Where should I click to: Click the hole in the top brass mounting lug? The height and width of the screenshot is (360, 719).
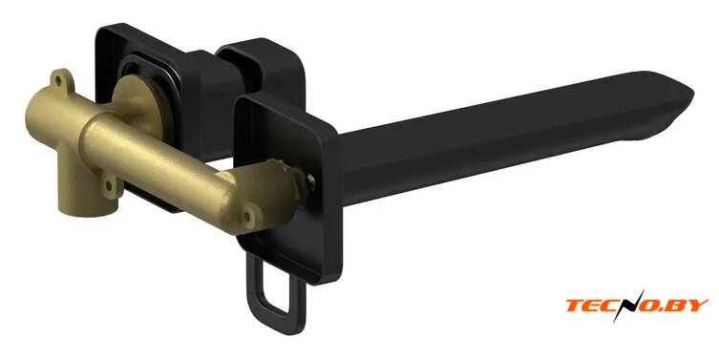tap(58, 82)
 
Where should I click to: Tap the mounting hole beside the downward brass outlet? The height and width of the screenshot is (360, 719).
tap(109, 186)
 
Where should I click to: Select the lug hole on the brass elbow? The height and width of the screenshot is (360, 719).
tap(248, 216)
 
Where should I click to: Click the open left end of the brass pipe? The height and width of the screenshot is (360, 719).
tap(36, 115)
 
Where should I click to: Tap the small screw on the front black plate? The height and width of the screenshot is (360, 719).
tap(311, 181)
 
